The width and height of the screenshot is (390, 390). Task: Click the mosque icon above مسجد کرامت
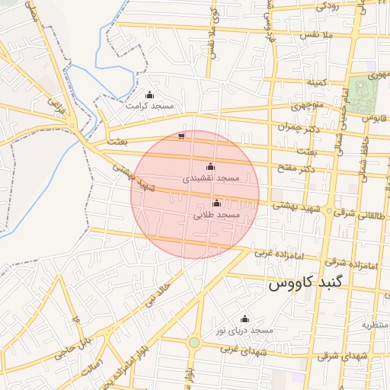click(149, 95)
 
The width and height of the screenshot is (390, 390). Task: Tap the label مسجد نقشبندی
click(211, 177)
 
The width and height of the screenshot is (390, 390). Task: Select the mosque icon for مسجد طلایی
click(217, 203)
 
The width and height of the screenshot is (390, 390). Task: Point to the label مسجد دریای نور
click(244, 331)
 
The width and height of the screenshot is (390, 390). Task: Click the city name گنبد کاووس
click(307, 283)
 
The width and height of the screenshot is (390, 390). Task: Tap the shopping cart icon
click(181, 137)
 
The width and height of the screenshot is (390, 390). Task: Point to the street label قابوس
click(371, 119)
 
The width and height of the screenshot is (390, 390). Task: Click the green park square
click(363, 94)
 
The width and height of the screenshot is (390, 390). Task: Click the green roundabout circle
click(194, 343)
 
